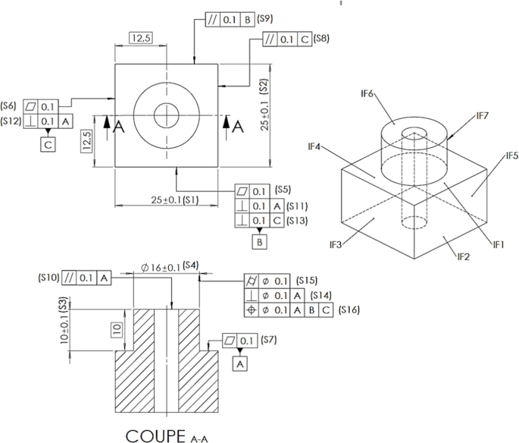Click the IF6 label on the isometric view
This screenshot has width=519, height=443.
(x=367, y=93)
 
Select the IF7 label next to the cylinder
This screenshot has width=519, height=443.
(x=483, y=115)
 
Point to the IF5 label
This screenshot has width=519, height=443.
(x=512, y=156)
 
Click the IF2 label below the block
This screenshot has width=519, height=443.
(x=464, y=257)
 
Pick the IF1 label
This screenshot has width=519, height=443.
(x=499, y=244)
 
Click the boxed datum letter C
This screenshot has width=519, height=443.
(x=47, y=144)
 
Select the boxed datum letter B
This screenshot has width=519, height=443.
(x=260, y=242)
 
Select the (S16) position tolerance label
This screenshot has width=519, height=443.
(x=349, y=309)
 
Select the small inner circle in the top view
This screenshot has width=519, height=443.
(x=166, y=116)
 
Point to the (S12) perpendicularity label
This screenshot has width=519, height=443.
(x=11, y=121)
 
